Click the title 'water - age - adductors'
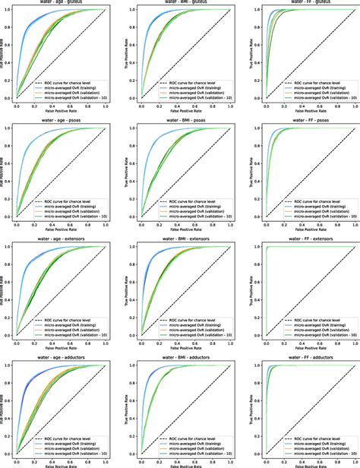point(60,357)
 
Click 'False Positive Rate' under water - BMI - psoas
point(181,233)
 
